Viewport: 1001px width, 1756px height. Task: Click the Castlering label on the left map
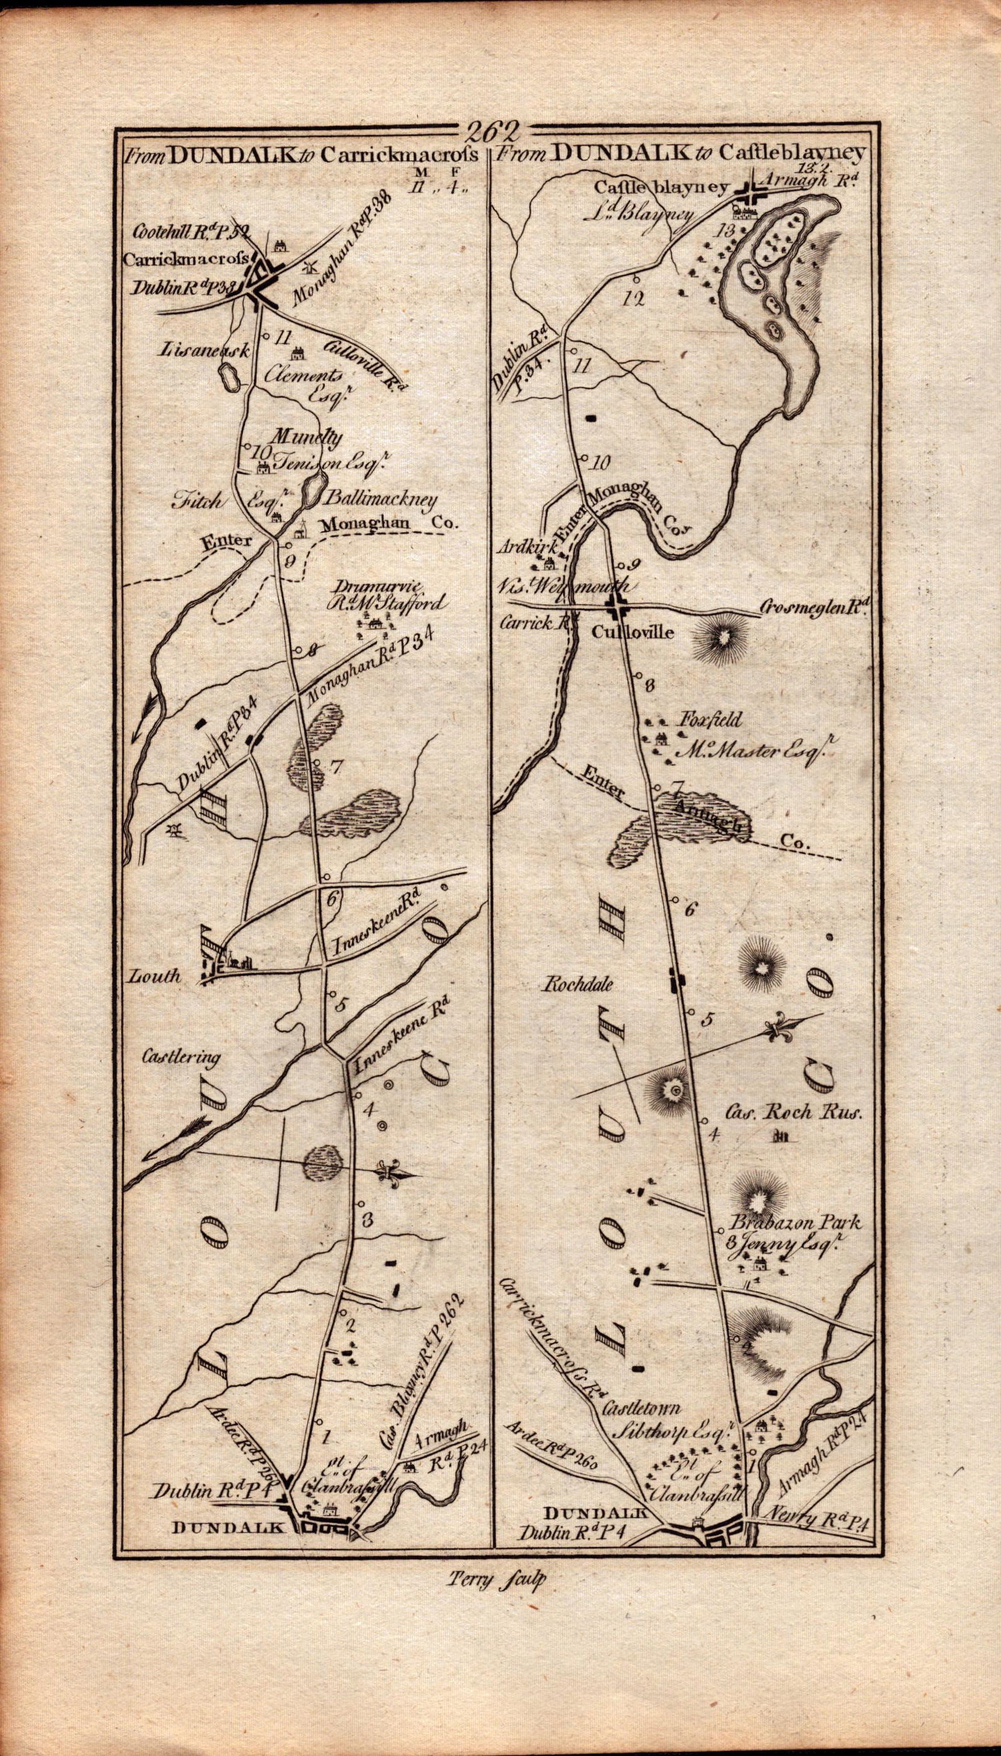point(181,1057)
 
